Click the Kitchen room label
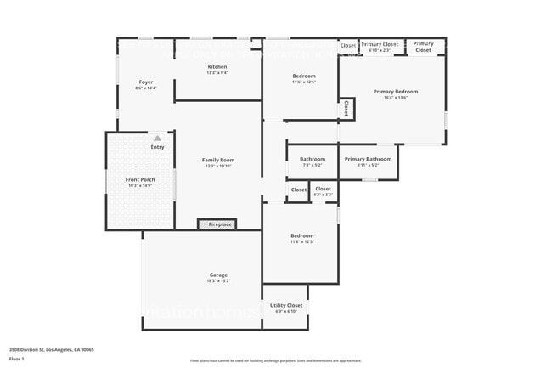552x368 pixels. point(217,66)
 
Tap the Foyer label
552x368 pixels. point(146,82)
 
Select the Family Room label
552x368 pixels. point(218,160)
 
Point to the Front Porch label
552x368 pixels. point(140,179)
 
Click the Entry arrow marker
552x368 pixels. point(157,138)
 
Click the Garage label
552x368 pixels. point(218,274)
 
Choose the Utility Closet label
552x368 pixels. point(286,304)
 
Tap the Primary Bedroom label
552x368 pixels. point(396,91)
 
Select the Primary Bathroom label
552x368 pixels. point(368,159)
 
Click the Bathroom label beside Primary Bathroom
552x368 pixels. point(313,159)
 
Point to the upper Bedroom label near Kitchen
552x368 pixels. point(304,76)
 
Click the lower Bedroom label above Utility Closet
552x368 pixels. point(302,235)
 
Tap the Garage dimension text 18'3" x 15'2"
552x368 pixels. point(218,280)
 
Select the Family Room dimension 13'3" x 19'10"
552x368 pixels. point(218,167)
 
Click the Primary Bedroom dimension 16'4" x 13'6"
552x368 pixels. point(396,98)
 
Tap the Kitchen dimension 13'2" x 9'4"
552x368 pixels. point(217,73)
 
